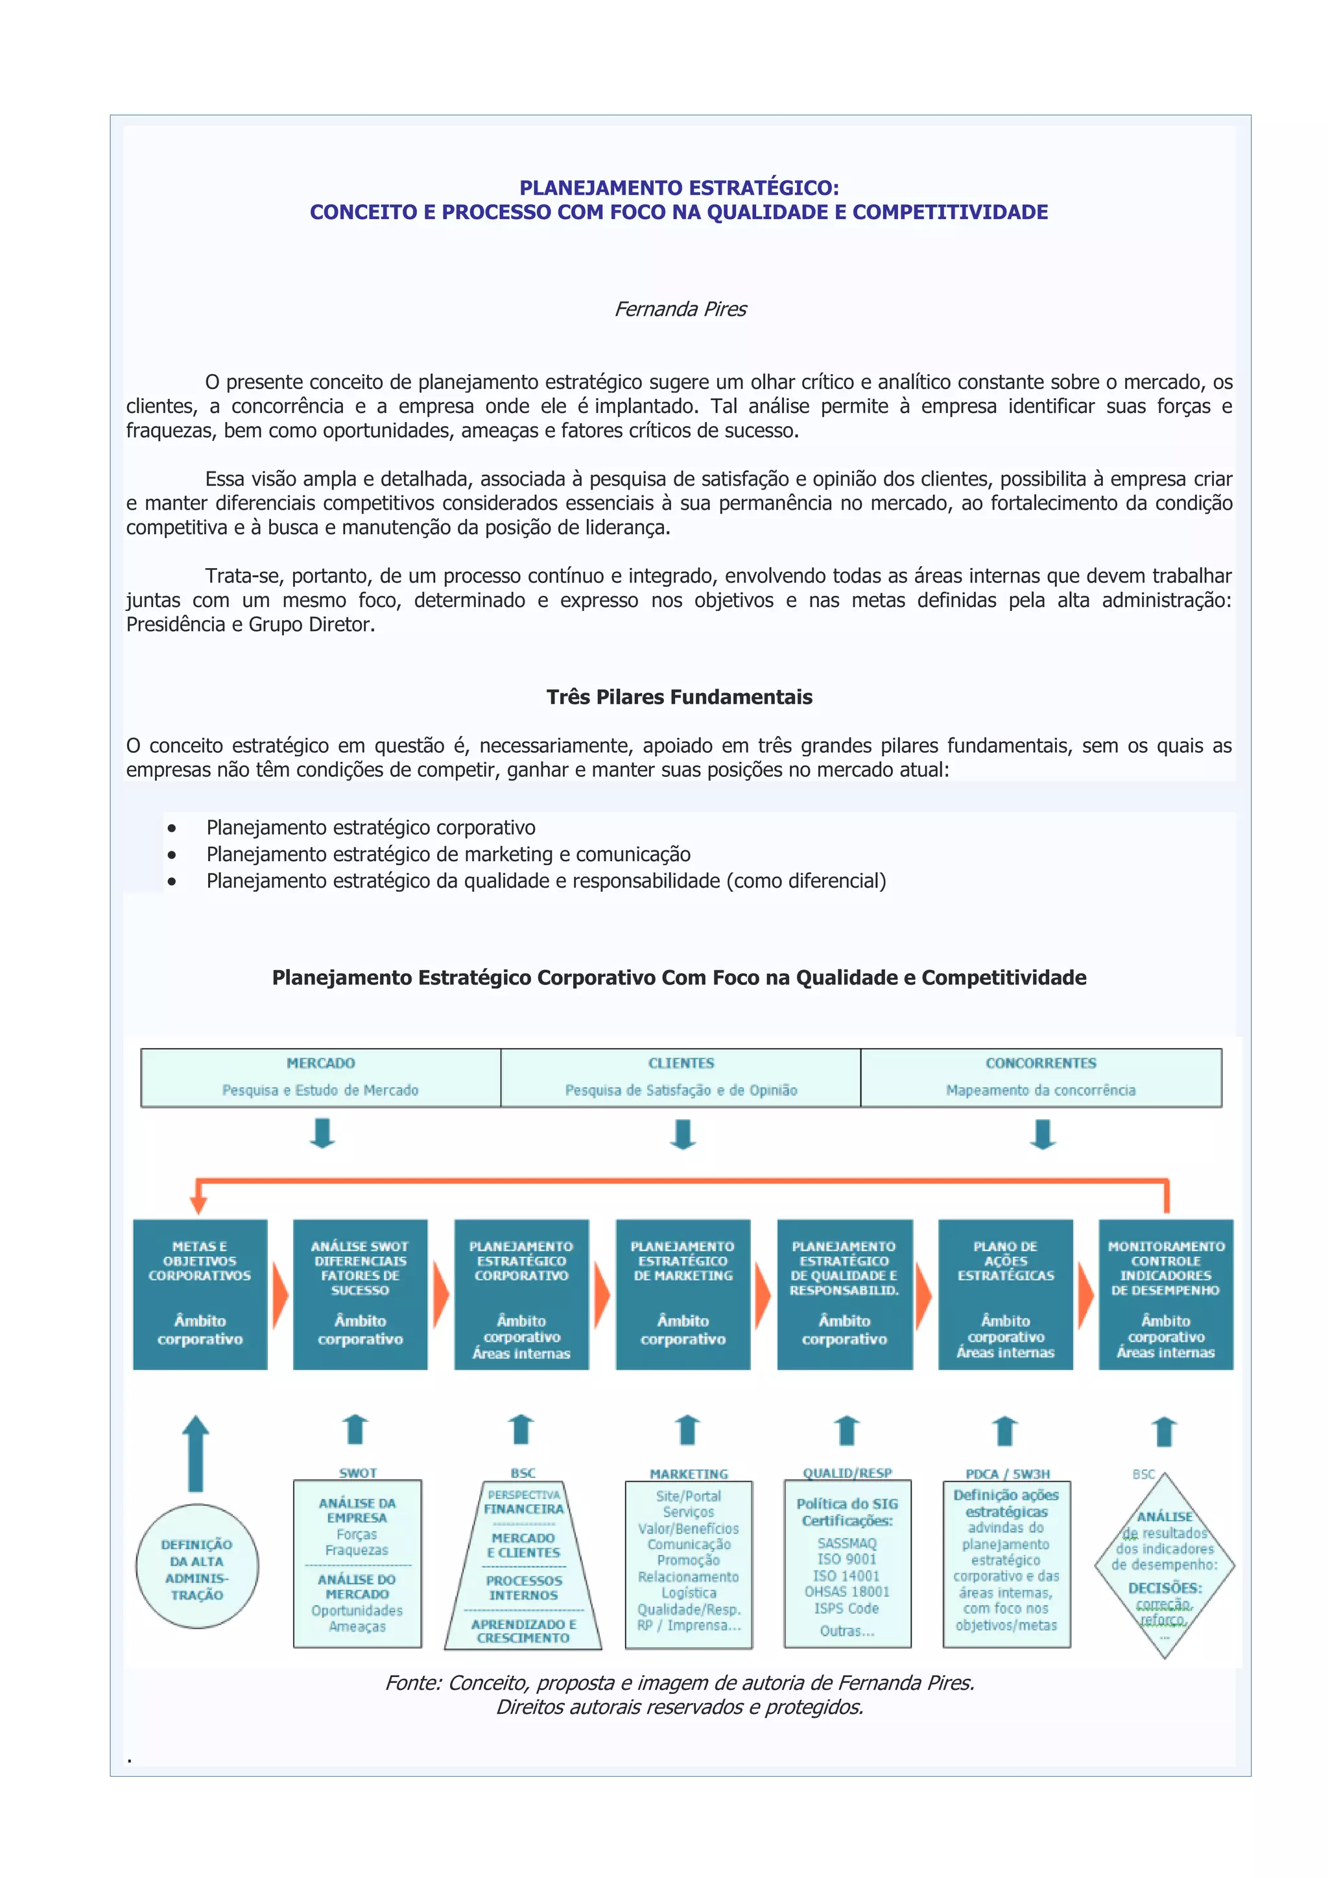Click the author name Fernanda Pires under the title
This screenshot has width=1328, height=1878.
point(680,309)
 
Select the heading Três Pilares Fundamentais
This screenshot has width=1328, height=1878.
point(679,697)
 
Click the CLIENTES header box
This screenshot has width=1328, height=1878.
point(680,1076)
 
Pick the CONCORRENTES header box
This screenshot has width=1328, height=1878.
point(1040,1076)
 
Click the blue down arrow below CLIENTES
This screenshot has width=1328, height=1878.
point(683,1134)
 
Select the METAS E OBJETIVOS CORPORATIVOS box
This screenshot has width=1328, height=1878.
point(200,1294)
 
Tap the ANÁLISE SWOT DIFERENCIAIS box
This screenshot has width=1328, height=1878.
point(360,1294)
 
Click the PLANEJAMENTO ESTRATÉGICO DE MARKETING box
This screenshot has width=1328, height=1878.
point(683,1294)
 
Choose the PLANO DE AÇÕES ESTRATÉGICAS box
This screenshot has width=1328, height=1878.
point(1005,1294)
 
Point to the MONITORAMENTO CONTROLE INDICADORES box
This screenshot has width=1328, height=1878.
point(1165,1294)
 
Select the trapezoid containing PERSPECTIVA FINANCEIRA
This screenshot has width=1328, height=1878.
point(523,1565)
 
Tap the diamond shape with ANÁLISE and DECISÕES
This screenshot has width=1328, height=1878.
point(1165,1565)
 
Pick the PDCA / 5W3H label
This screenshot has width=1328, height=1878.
point(1008,1473)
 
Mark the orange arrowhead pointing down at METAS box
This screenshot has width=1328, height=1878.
point(198,1204)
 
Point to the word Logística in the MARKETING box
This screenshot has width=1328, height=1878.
point(689,1593)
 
